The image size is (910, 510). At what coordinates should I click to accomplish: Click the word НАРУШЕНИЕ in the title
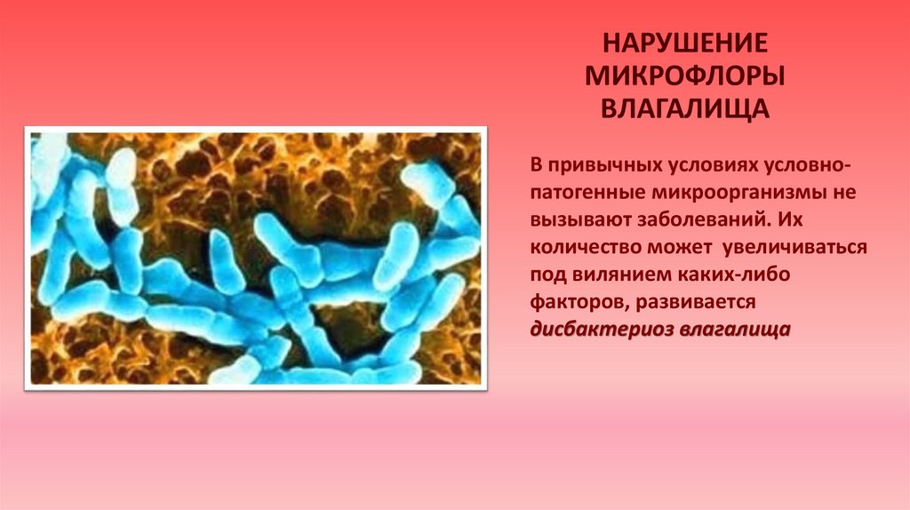point(685,43)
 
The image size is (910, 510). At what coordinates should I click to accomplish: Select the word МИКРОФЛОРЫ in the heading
point(685,76)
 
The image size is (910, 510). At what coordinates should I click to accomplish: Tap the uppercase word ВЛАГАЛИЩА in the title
point(685,109)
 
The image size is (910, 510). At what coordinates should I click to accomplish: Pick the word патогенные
point(587,193)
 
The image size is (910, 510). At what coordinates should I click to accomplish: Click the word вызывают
point(580,220)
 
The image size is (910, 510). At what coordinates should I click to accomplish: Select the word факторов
point(577,302)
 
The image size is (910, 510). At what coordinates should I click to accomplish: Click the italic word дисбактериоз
point(602,330)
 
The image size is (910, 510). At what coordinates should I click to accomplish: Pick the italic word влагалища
point(735,330)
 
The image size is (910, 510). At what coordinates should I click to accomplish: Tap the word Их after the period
point(790,219)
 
